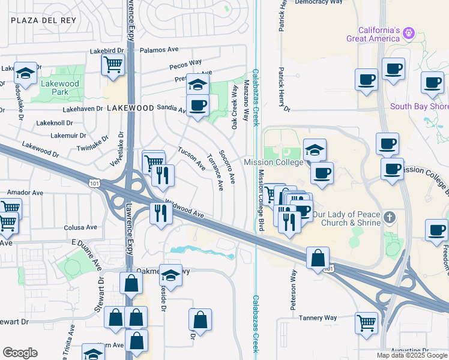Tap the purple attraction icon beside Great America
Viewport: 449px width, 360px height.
[x=409, y=32]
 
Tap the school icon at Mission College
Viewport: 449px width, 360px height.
[x=315, y=150]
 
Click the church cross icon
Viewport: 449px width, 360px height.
[x=390, y=217]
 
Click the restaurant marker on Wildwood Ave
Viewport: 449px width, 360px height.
[x=160, y=214]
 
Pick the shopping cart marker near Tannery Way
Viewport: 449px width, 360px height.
[x=366, y=325]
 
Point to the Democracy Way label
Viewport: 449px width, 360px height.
[x=319, y=2]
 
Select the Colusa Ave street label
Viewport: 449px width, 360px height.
[x=80, y=227]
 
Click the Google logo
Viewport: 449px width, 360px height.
[x=20, y=353]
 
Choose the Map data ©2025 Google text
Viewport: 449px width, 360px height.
[x=412, y=355]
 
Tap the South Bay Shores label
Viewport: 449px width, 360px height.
[x=420, y=107]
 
